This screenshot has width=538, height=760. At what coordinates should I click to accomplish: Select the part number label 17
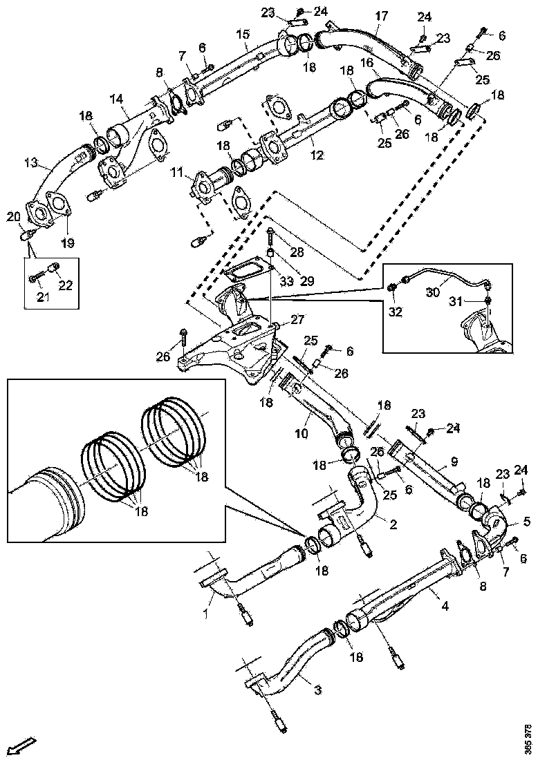pyautogui.click(x=382, y=16)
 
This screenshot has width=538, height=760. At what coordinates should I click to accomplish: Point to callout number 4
pyautogui.click(x=445, y=606)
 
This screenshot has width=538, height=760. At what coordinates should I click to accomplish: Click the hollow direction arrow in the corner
pyautogui.click(x=22, y=745)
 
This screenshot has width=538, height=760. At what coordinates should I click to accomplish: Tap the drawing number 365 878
pyautogui.click(x=528, y=739)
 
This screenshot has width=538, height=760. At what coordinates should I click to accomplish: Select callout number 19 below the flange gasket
pyautogui.click(x=70, y=243)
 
